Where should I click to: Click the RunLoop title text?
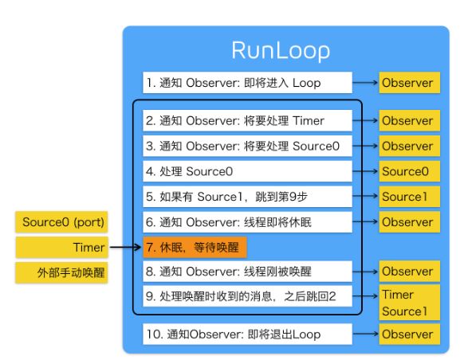click(x=281, y=51)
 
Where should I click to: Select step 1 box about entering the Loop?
click(x=247, y=83)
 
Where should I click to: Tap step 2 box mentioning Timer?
click(x=247, y=120)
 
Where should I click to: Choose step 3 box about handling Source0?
click(x=247, y=146)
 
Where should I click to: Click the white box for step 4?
click(x=247, y=171)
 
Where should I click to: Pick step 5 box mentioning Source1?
click(x=247, y=197)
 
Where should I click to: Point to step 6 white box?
click(x=247, y=222)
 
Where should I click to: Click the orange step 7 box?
click(x=195, y=248)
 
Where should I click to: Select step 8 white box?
click(x=247, y=272)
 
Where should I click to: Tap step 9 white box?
click(x=247, y=296)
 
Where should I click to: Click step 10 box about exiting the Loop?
click(x=247, y=335)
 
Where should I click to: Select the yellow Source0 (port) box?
click(x=61, y=222)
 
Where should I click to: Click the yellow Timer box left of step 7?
click(x=61, y=248)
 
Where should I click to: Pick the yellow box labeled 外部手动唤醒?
click(x=61, y=272)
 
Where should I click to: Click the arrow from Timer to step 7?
click(x=125, y=247)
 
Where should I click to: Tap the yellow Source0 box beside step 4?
click(x=410, y=171)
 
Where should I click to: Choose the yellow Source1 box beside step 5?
click(x=410, y=197)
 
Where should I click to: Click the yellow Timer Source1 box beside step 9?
click(x=410, y=303)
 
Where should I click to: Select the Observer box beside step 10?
click(x=410, y=335)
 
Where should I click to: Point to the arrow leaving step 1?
click(x=365, y=83)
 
